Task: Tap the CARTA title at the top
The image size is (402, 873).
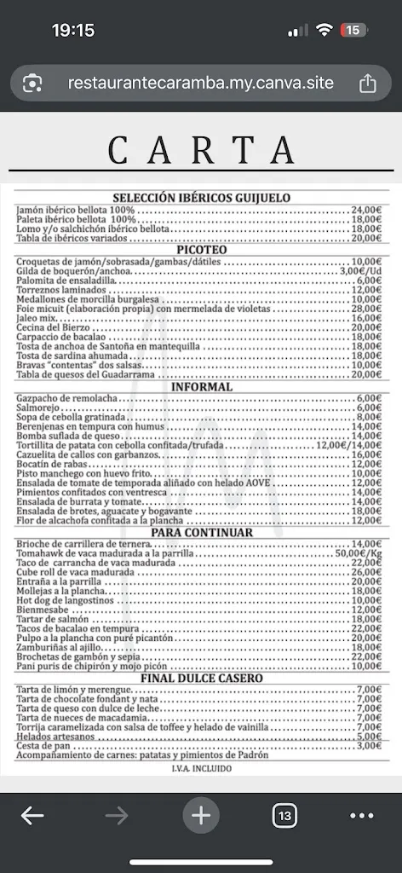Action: coord(201,151)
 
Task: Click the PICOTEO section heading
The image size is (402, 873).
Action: coord(201,250)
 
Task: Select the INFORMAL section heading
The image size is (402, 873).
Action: coord(201,386)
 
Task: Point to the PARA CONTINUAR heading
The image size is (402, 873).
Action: coord(201,532)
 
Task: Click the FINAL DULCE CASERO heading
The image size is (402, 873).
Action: coord(201,678)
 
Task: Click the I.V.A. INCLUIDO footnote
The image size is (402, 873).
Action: coord(201,767)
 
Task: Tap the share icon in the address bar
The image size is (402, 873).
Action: coord(368,84)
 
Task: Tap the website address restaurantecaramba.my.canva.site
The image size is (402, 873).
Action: coord(201,84)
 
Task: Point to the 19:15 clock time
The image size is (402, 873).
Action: coord(73,30)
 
